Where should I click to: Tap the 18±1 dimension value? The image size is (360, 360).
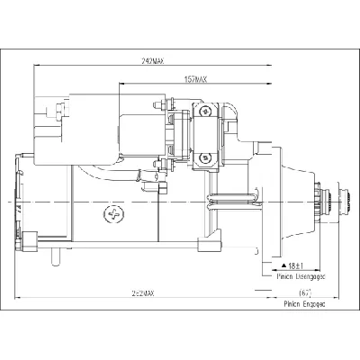click(293, 267)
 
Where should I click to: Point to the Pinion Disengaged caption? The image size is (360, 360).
click(298, 279)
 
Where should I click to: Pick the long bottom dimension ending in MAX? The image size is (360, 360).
click(140, 294)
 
